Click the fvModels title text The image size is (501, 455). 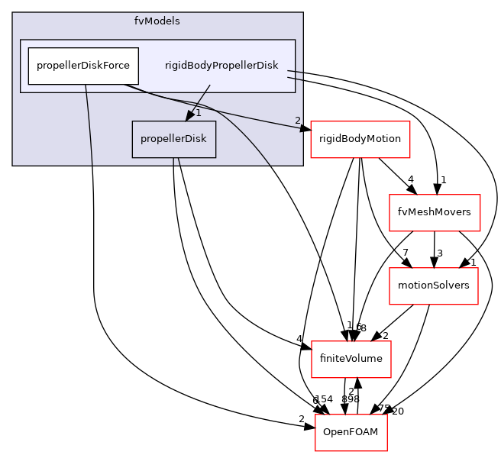click(157, 21)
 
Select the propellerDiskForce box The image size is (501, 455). click(83, 66)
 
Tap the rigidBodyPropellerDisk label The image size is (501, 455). click(221, 66)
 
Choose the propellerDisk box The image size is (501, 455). click(173, 140)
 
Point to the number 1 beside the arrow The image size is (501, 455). click(198, 113)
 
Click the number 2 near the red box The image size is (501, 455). click(297, 121)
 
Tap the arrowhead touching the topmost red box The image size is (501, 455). click(305, 129)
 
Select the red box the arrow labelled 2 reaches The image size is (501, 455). click(360, 140)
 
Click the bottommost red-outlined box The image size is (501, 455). click(351, 432)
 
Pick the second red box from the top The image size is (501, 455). click(434, 213)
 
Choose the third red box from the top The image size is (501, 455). click(433, 286)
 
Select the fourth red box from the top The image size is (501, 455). click(351, 360)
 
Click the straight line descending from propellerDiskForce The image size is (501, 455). click(89, 126)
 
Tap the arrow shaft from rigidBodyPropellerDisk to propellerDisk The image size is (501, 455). click(200, 98)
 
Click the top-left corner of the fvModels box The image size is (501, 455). click(13, 13)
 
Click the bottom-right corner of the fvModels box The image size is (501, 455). click(302, 165)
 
